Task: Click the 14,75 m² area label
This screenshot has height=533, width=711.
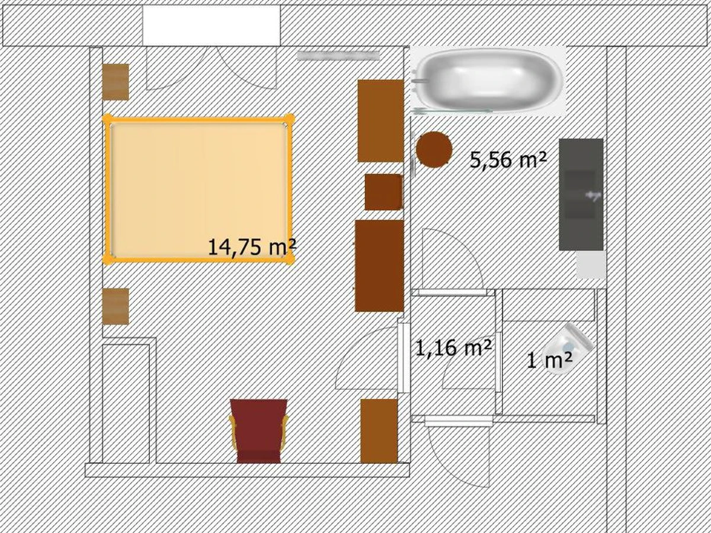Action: point(252,248)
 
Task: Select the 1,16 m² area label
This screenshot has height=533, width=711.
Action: point(453,348)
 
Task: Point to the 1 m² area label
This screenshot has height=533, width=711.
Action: point(549,361)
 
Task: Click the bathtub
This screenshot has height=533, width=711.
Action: point(488,80)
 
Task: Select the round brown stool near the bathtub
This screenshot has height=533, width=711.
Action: point(434,149)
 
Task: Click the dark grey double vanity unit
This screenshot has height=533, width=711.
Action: point(581,194)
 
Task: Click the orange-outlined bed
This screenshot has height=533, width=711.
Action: point(199,190)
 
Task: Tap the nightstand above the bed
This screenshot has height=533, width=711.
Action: point(116,82)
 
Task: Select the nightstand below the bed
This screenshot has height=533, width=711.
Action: point(116,306)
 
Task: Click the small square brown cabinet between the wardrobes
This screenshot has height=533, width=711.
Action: point(383,192)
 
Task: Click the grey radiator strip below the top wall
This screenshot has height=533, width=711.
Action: point(338,56)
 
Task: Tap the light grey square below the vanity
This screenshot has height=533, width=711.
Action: point(591,264)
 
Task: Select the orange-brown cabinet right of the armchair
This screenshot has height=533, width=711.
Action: point(379,431)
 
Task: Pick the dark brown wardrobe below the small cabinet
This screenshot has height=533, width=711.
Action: point(379,266)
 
